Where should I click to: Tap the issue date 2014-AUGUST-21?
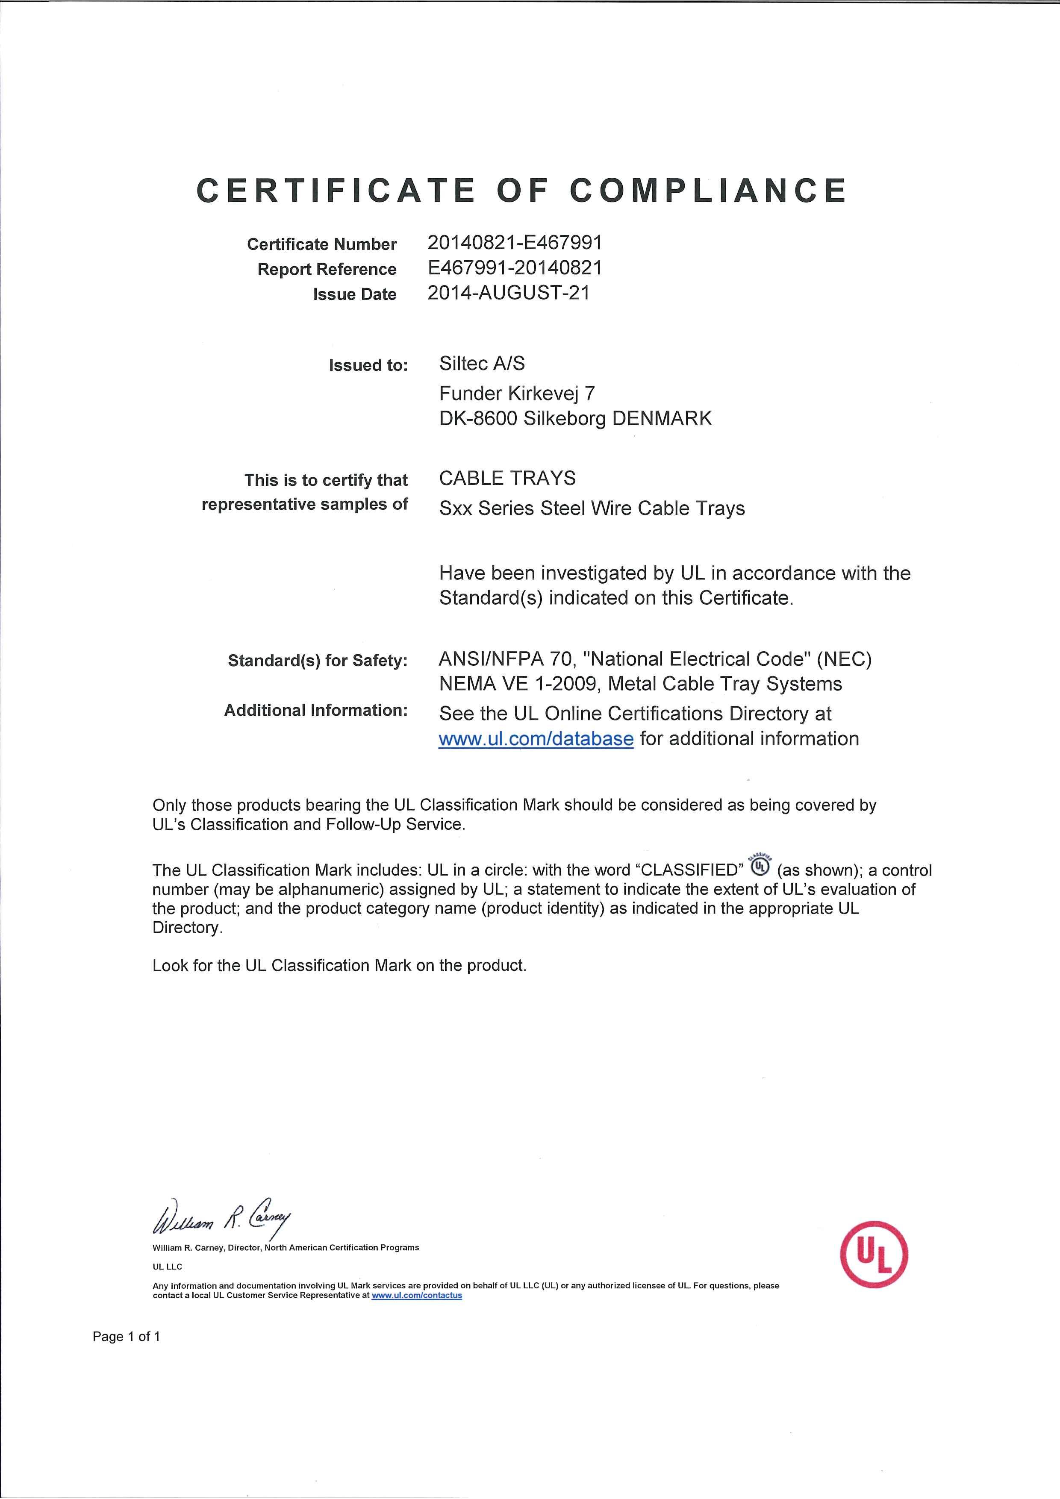(x=508, y=293)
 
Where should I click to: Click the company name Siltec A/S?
(x=482, y=364)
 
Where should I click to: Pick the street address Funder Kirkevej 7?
(x=517, y=393)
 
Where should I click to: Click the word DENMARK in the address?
(x=662, y=418)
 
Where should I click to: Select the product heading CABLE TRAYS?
(x=507, y=479)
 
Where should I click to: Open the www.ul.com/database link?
(x=536, y=739)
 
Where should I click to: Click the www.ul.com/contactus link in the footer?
(x=417, y=1295)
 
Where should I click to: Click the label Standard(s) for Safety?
(x=318, y=661)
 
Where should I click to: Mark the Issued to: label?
(x=368, y=366)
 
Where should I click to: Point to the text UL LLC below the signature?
(x=167, y=1267)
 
